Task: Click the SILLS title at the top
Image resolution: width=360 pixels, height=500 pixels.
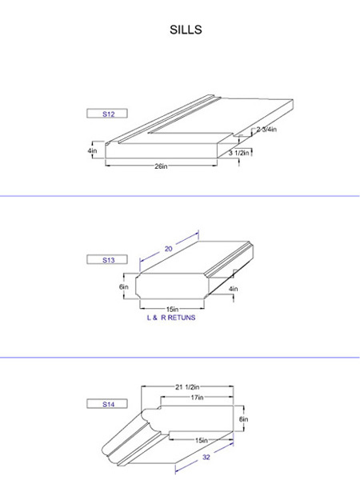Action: click(x=186, y=30)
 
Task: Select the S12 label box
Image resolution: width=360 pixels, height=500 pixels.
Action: click(x=107, y=114)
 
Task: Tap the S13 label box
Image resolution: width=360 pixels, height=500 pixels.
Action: click(x=107, y=259)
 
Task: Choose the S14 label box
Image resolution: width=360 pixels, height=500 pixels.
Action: click(x=107, y=404)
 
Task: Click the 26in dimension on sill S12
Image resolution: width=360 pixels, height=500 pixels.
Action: click(x=161, y=166)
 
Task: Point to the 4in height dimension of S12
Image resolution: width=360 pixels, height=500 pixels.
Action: click(x=92, y=150)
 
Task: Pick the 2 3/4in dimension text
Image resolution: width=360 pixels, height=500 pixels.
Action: click(x=266, y=130)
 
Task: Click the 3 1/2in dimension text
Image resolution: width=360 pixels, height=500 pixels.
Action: click(x=238, y=153)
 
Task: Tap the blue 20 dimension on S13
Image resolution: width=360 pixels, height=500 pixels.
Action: click(x=169, y=249)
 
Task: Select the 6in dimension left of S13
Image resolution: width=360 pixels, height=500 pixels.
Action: click(x=124, y=286)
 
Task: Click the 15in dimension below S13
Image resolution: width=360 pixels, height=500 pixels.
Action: click(x=172, y=309)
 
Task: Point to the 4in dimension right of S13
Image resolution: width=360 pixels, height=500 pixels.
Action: click(x=233, y=289)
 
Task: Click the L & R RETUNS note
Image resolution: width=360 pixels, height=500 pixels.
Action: click(x=171, y=318)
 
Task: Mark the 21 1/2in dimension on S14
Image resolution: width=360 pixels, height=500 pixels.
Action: click(x=187, y=387)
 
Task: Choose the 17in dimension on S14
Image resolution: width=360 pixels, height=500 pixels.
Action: click(x=197, y=398)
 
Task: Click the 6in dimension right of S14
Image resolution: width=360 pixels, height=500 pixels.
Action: click(x=244, y=419)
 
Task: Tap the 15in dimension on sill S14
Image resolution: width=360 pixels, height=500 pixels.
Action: click(x=202, y=440)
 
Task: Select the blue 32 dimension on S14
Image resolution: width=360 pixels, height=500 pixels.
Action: click(x=206, y=458)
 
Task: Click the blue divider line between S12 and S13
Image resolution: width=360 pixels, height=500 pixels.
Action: click(x=180, y=196)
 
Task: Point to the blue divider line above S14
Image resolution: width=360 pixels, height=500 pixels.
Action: click(x=180, y=358)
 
